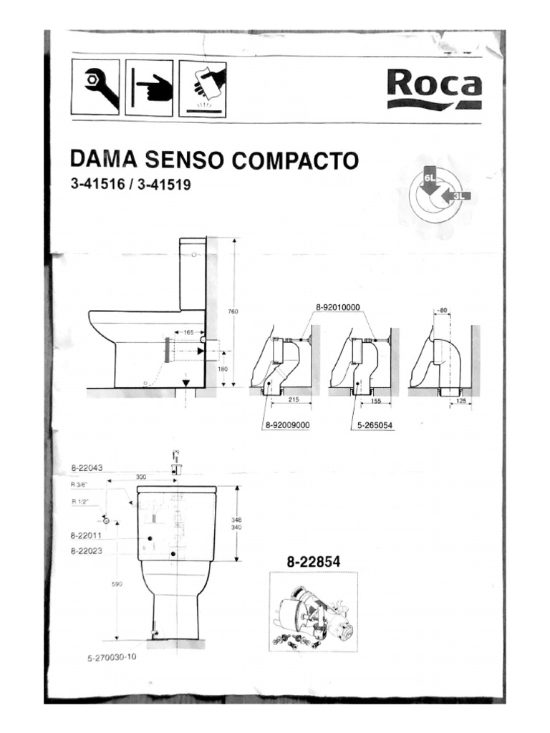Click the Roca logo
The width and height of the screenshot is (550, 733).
coord(434,87)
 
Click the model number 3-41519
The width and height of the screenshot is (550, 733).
coord(167,185)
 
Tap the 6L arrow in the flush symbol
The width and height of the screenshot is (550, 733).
coord(430,179)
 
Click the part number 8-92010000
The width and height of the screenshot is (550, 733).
coord(337,307)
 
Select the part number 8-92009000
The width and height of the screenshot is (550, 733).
coord(286,425)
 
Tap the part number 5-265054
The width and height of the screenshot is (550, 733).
coord(375,425)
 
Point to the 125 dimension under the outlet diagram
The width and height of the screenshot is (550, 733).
coord(460,402)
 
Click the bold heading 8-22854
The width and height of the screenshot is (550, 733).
coord(313,563)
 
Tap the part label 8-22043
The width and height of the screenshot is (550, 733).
coord(87,468)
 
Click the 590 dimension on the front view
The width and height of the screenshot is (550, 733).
coord(117,584)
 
